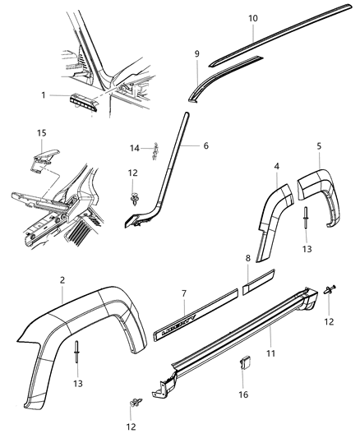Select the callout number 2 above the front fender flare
point(62,279)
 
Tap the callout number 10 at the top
point(252,17)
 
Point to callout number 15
point(41,131)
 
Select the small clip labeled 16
point(245,362)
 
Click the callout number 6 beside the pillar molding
point(205,145)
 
